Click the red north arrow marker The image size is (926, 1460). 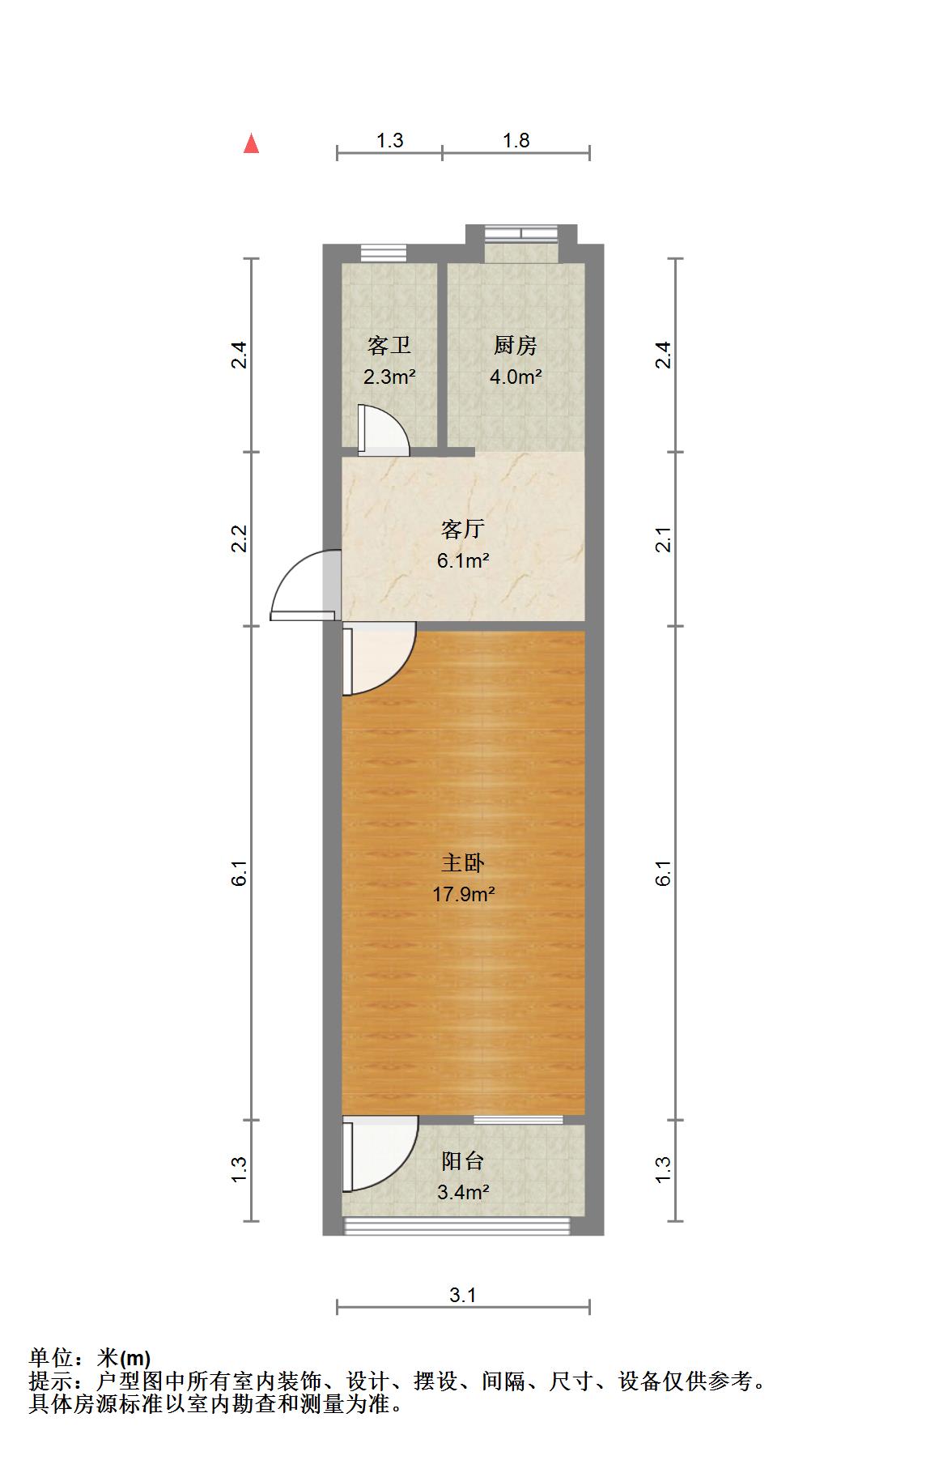pos(252,144)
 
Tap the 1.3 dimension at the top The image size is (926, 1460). pos(389,140)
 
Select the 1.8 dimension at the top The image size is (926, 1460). pos(516,140)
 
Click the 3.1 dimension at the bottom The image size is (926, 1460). pos(463,1295)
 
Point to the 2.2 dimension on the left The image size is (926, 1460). pos(239,538)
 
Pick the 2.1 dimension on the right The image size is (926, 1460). pos(663,538)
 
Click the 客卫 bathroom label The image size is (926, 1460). pos(389,346)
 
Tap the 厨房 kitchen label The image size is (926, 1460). pos(515,346)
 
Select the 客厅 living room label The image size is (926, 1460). pos(463,530)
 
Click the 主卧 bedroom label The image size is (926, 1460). pos(463,863)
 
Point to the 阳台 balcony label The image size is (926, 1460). pos(463,1161)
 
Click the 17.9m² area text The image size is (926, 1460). pos(463,895)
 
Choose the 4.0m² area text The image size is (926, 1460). pos(515,377)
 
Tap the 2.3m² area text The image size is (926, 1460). pos(389,377)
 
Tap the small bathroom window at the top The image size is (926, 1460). pos(382,252)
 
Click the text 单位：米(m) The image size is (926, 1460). pos(90,1358)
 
